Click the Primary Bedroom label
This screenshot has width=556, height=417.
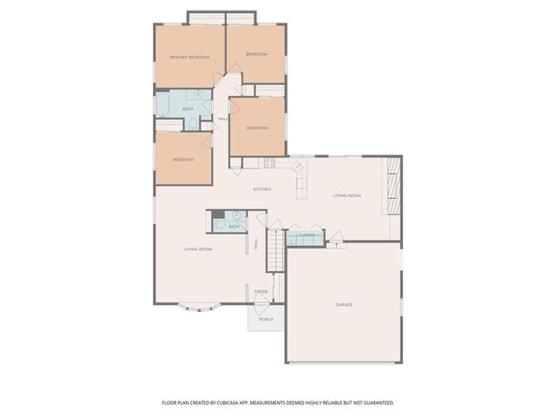click(189, 57)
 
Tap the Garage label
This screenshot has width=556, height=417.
click(345, 305)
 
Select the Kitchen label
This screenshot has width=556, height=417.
click(261, 189)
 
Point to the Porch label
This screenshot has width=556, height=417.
click(266, 320)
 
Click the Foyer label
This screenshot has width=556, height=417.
click(261, 292)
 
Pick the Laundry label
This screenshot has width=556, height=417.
click(306, 235)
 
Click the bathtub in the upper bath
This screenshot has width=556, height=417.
click(162, 105)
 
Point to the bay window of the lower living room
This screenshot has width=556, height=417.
click(197, 306)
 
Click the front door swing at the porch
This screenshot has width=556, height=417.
click(261, 301)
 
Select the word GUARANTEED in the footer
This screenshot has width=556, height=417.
click(375, 403)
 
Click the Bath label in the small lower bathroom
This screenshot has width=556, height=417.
click(234, 227)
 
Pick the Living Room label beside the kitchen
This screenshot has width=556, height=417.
click(347, 196)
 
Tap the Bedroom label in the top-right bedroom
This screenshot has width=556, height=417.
click(256, 55)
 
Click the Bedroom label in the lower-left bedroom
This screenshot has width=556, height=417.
click(182, 160)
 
